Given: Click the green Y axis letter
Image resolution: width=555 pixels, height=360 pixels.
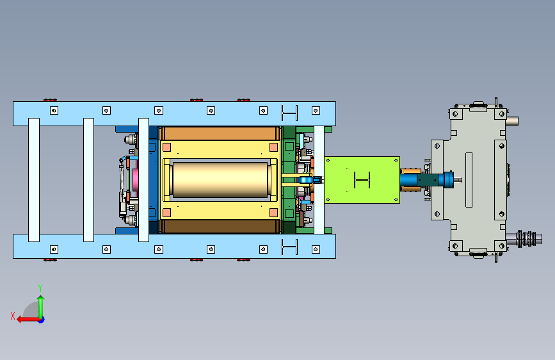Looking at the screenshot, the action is [x=40, y=288].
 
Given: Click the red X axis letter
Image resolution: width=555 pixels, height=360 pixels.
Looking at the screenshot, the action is [x=13, y=316].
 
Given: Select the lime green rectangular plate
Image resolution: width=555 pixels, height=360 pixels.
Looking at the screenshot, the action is [x=362, y=180].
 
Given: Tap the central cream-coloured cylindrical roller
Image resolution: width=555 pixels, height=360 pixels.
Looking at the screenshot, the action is [x=220, y=179].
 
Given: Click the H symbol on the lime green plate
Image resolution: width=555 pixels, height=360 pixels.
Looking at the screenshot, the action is [x=362, y=180].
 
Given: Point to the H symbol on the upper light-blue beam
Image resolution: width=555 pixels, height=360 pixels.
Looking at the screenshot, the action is [x=289, y=113].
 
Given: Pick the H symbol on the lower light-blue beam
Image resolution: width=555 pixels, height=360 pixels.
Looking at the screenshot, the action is [x=289, y=247].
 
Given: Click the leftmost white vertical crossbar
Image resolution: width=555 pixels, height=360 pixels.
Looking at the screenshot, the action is [x=34, y=180].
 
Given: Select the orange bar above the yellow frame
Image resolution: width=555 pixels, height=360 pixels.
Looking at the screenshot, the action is [x=220, y=134].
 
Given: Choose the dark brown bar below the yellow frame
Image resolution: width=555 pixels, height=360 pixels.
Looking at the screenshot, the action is [x=220, y=226].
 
